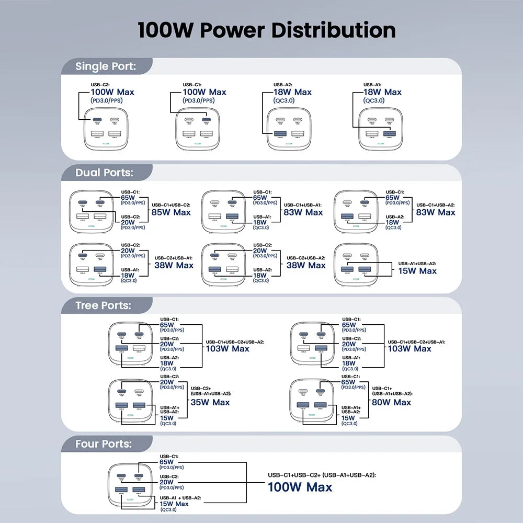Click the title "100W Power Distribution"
point(266,30)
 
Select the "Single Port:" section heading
point(106,66)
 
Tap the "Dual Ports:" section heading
point(104,173)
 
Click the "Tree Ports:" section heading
point(103,305)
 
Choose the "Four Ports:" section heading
point(103,444)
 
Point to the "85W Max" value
point(172,212)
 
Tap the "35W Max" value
point(210,402)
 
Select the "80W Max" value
point(392,402)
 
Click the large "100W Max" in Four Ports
point(300,487)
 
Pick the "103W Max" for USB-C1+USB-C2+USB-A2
point(227,349)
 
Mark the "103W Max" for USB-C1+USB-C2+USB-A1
point(409,349)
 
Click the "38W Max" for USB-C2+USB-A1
point(174,265)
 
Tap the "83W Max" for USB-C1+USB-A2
point(436,212)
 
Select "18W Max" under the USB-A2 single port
point(293,92)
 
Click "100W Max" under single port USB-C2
point(112,92)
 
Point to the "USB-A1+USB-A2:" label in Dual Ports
point(417,264)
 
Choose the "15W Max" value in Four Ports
point(175,504)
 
